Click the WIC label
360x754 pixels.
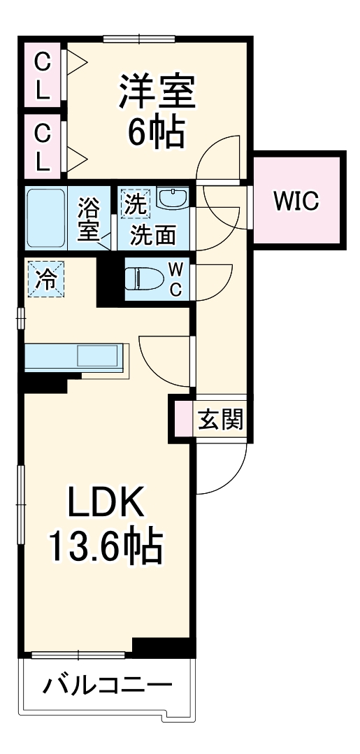(296, 201)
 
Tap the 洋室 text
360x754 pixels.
(155, 92)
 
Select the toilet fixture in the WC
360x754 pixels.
(143, 279)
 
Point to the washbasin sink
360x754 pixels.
(172, 199)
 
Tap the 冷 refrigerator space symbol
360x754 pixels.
(45, 279)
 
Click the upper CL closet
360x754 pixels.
(43, 76)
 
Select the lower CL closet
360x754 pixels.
(43, 145)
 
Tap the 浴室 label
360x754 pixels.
(89, 220)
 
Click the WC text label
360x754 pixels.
(176, 279)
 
